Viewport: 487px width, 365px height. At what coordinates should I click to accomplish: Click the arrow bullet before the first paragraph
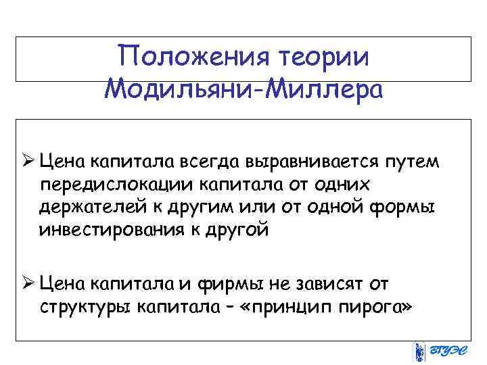coord(27,163)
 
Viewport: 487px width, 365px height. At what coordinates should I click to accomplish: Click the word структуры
coord(85,307)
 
